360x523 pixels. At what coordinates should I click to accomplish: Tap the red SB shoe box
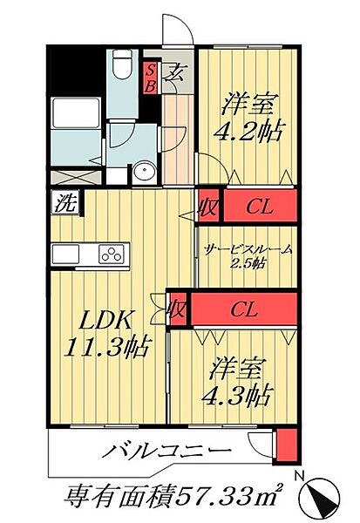tap(150, 78)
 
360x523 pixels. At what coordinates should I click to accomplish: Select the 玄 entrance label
tap(174, 73)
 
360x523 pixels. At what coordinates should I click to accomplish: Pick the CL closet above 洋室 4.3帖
tap(243, 309)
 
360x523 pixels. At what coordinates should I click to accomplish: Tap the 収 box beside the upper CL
tap(208, 207)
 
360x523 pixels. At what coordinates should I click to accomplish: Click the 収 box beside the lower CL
tap(177, 309)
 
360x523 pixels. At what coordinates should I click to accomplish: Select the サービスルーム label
tap(248, 249)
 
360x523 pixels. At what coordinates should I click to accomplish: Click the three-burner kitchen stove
tap(113, 255)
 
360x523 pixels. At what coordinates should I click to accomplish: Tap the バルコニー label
tap(169, 452)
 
